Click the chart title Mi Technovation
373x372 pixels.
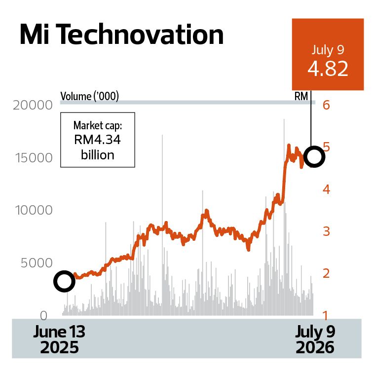tap(121, 34)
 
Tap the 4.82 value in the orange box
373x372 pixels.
tap(328, 69)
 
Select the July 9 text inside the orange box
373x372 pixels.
tap(328, 50)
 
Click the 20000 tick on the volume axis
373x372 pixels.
tap(33, 105)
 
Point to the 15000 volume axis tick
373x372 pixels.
tap(34, 158)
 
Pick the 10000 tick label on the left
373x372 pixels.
tap(34, 210)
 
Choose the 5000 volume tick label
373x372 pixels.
tap(37, 263)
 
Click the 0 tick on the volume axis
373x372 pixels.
tap(43, 316)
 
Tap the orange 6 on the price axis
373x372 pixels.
tap(326, 105)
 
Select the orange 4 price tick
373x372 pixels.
tap(326, 189)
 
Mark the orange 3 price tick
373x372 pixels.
tap(327, 231)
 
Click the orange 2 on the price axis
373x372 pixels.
tap(326, 273)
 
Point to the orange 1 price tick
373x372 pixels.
tap(326, 316)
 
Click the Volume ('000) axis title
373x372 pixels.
tap(89, 96)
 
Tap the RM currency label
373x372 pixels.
tap(301, 96)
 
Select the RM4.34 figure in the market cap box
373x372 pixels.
tap(97, 140)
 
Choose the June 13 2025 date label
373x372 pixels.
tap(59, 339)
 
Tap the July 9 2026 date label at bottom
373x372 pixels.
tap(315, 339)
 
